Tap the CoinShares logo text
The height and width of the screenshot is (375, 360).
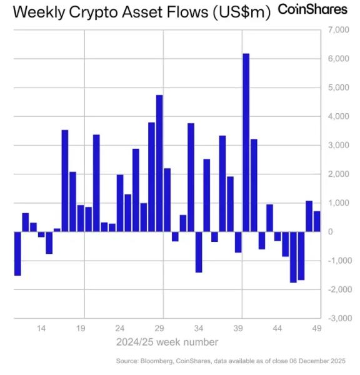tap(312, 10)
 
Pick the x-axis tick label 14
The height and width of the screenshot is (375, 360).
tap(41, 328)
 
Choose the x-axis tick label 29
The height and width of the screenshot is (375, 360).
tap(159, 328)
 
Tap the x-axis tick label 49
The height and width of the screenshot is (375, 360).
tap(317, 328)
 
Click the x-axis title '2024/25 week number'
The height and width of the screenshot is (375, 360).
tap(167, 342)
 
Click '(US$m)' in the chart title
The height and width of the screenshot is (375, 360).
tap(242, 12)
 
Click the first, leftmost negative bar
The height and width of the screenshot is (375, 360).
tap(17, 253)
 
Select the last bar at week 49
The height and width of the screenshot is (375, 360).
tap(317, 221)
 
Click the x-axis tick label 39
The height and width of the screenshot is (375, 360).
tap(238, 328)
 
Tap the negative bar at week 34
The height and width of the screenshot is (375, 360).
tap(199, 252)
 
